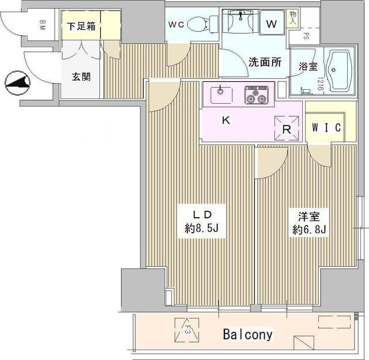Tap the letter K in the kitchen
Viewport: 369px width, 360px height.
click(x=226, y=121)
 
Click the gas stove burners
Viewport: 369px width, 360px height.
click(x=257, y=94)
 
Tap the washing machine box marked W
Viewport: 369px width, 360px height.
click(x=271, y=25)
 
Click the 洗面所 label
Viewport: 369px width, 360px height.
click(x=265, y=62)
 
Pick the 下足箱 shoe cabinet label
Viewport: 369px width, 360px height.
click(x=81, y=26)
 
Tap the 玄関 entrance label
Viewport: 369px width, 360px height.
click(x=81, y=77)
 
